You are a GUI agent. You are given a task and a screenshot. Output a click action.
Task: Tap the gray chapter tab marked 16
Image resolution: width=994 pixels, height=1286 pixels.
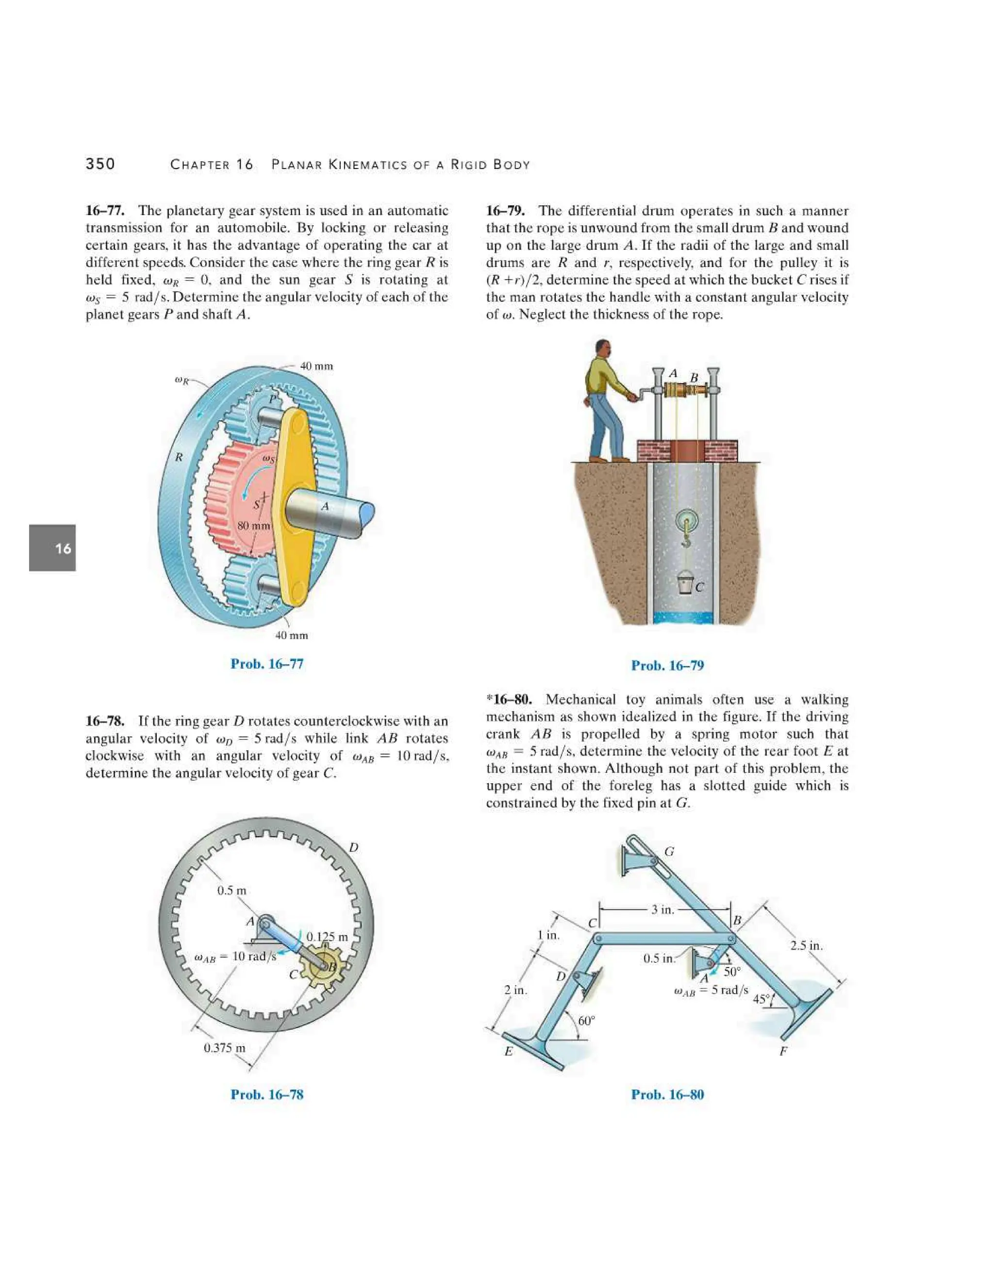(x=52, y=548)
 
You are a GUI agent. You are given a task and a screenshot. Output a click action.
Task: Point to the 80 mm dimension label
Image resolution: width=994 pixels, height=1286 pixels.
(x=254, y=525)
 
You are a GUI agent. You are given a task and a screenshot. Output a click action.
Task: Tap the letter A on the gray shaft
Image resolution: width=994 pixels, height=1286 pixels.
(x=325, y=506)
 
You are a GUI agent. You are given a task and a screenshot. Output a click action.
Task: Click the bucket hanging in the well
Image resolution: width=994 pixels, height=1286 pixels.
(x=685, y=583)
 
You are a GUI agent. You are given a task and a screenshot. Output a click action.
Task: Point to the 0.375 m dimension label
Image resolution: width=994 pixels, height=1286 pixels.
(x=224, y=1048)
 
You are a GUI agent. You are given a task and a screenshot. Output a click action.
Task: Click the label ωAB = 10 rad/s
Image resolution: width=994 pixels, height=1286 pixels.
(x=235, y=956)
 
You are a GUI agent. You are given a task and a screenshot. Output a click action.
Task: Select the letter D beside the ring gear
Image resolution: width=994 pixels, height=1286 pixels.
(x=353, y=848)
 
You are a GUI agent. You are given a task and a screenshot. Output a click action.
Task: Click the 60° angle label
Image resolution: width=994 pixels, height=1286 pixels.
(x=586, y=1021)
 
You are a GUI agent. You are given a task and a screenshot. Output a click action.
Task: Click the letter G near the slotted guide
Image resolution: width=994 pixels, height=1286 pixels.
(x=669, y=852)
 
